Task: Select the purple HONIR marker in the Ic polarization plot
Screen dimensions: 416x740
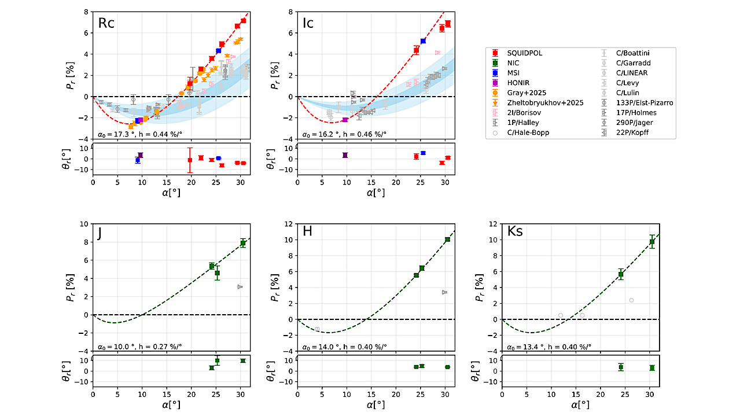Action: tap(345, 120)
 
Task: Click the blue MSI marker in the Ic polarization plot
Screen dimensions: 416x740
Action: tap(423, 41)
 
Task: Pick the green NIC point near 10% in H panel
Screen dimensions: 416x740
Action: tap(447, 240)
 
